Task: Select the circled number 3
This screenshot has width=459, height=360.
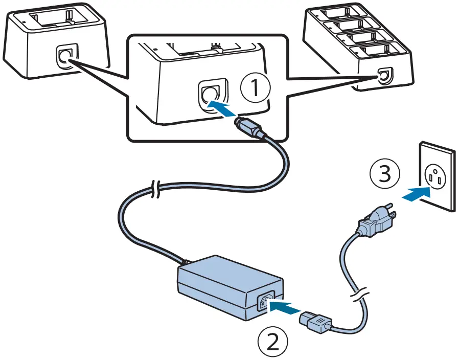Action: pyautogui.click(x=384, y=175)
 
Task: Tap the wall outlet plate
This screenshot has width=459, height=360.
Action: pyautogui.click(x=437, y=177)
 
